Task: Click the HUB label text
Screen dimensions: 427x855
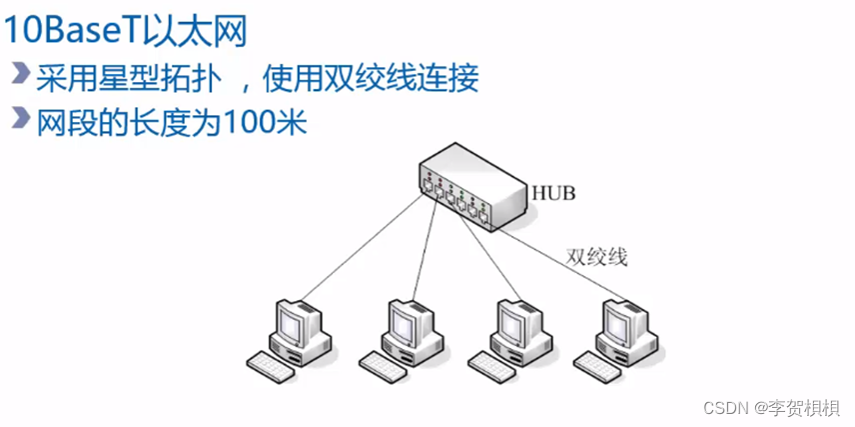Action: tap(555, 191)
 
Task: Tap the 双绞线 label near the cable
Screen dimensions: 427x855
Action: tap(597, 257)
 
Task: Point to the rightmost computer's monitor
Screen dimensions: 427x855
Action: tap(620, 322)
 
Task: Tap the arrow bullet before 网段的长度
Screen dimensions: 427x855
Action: tap(20, 119)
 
